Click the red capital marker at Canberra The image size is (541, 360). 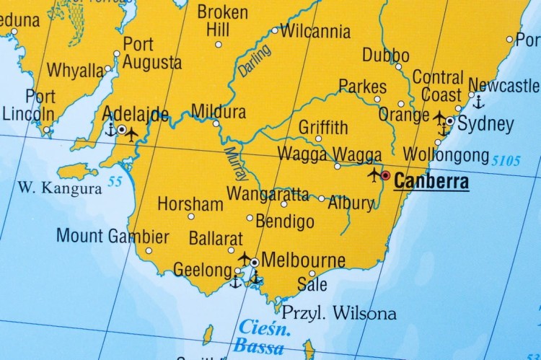[x=386, y=175]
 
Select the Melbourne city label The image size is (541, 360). [x=303, y=260]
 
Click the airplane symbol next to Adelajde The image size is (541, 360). [x=132, y=133]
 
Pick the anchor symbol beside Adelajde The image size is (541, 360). [x=110, y=131]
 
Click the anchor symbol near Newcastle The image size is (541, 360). [x=478, y=102]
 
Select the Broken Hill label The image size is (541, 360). [x=222, y=21]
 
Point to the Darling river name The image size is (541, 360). [x=255, y=61]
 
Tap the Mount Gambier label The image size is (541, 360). [x=113, y=236]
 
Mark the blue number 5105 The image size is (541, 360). [x=505, y=160]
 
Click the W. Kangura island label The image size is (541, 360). [x=60, y=189]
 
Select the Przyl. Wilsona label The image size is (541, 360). [x=338, y=313]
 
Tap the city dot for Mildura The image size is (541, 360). [x=216, y=123]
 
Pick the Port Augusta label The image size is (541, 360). [x=151, y=53]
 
